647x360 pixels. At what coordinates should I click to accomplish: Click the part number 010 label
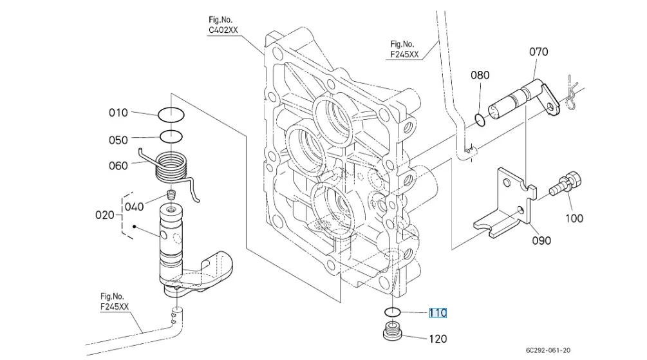(118, 113)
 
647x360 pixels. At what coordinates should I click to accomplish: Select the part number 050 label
(118, 139)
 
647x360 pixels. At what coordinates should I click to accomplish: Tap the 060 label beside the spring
(118, 166)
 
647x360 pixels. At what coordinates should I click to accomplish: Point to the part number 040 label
(134, 206)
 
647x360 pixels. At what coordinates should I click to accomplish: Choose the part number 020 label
(105, 214)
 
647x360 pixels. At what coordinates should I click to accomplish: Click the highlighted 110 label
(438, 313)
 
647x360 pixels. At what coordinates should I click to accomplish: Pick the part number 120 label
(438, 339)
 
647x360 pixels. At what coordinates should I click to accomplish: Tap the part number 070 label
(539, 52)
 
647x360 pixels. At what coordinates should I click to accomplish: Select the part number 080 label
(480, 75)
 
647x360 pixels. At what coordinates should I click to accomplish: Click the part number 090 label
(541, 240)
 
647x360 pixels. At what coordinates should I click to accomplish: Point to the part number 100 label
(574, 218)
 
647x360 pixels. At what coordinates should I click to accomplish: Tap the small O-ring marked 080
(479, 119)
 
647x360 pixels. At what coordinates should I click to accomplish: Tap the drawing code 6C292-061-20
(549, 350)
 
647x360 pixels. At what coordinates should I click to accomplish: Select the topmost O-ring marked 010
(171, 115)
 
